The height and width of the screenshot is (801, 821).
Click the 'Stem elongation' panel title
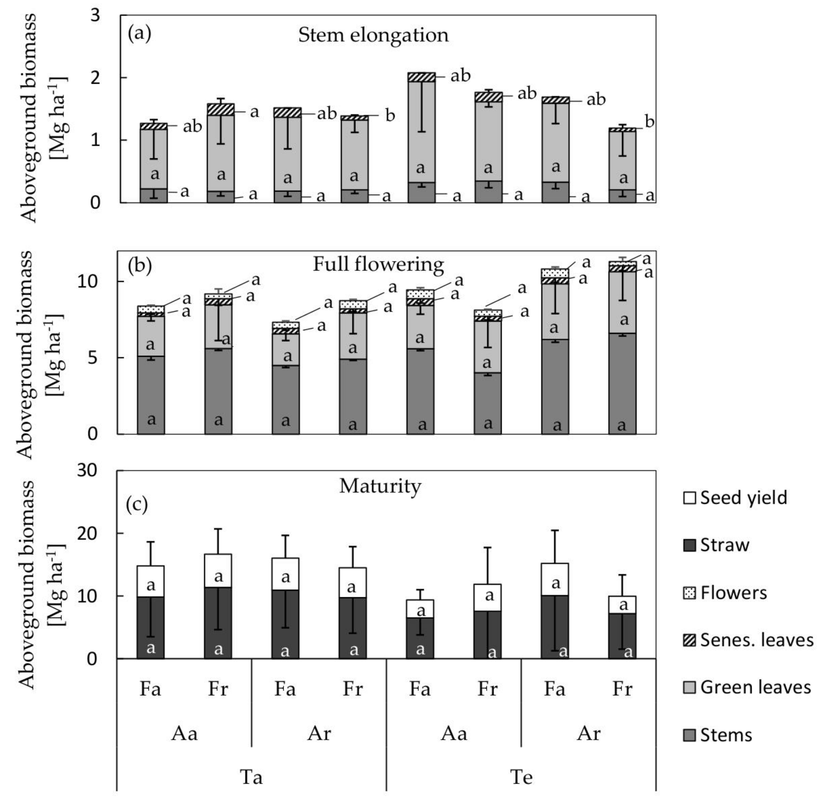(x=373, y=35)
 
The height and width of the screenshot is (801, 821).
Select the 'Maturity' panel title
(x=380, y=486)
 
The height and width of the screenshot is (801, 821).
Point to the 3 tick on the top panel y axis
(x=96, y=15)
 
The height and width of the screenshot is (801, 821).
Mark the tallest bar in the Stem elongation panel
(x=421, y=139)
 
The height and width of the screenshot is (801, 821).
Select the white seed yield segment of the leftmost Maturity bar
(x=151, y=581)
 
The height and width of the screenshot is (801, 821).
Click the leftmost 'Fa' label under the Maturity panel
(x=150, y=689)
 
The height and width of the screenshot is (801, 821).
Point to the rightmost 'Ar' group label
(x=588, y=734)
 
